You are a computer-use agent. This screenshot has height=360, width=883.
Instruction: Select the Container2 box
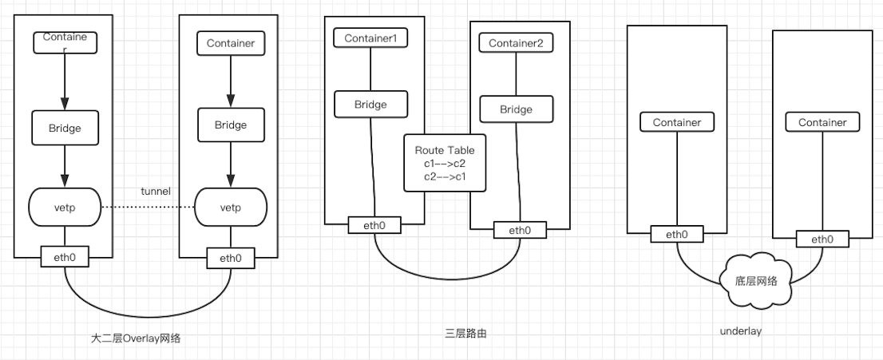[x=516, y=42]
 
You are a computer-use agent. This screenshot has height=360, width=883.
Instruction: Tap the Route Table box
[x=445, y=163]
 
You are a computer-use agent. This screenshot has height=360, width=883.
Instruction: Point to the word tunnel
[x=156, y=191]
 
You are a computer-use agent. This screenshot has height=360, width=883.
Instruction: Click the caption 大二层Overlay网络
[x=137, y=338]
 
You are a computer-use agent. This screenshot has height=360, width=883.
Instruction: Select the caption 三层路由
[x=465, y=333]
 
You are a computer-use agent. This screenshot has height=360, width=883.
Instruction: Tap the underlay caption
[x=740, y=330]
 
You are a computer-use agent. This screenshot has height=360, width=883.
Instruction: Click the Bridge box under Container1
[x=370, y=105]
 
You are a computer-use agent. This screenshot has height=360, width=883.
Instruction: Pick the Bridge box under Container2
[x=516, y=109]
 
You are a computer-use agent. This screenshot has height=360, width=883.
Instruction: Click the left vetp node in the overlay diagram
[x=65, y=207]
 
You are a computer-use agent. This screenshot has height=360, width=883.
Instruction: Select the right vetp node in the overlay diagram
[x=230, y=207]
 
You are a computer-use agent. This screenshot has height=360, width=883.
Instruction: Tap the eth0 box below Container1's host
[x=374, y=225]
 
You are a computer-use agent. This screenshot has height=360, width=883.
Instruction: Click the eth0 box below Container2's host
[x=519, y=231]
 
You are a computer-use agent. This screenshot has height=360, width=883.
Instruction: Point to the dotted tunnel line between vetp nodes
[x=148, y=208]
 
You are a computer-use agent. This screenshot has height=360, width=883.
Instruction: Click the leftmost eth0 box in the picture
[x=65, y=257]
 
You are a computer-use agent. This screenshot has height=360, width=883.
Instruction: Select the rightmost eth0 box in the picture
[x=822, y=239]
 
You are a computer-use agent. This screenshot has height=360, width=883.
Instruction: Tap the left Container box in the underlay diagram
[x=676, y=122]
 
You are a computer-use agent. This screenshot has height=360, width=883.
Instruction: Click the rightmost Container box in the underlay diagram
[x=822, y=122]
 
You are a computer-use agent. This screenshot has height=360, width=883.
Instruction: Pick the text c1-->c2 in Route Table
[x=445, y=163]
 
